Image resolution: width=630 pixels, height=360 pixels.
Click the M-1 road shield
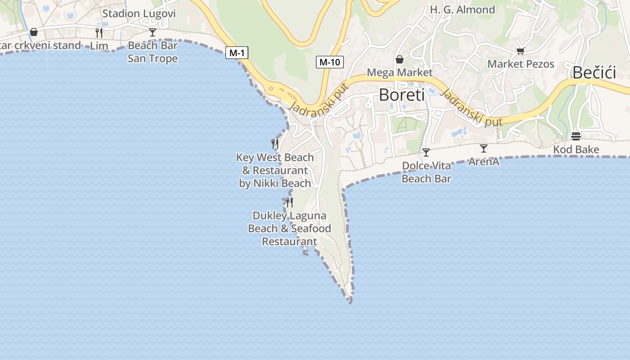click(237, 53)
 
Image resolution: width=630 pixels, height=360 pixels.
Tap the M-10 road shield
click(329, 62)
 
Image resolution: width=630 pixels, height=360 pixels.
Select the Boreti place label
click(402, 95)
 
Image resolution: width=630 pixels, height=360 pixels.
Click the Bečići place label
click(594, 72)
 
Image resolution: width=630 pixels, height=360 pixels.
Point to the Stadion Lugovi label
click(139, 13)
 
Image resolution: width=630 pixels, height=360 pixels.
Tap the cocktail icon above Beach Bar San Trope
click(153, 32)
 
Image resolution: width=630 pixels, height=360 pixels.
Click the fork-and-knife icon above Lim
click(99, 32)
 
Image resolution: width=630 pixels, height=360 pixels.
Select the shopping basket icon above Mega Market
click(399, 59)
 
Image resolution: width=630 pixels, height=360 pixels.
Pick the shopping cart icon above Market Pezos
click(520, 51)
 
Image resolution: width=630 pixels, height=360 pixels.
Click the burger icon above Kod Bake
click(576, 136)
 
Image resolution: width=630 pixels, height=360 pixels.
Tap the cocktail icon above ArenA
click(484, 148)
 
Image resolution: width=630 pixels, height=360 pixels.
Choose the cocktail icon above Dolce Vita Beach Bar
click(426, 153)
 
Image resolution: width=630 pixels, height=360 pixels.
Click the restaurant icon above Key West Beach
click(275, 144)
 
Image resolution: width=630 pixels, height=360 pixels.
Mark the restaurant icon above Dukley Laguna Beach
click(289, 202)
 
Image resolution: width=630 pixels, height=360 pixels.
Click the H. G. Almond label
click(462, 9)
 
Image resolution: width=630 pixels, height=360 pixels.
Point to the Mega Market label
click(400, 72)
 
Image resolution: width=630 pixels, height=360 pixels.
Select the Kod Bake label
click(576, 149)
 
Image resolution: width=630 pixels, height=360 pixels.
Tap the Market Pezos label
click(521, 64)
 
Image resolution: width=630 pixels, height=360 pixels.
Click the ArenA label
click(484, 162)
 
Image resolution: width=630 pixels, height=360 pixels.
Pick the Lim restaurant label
click(99, 45)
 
